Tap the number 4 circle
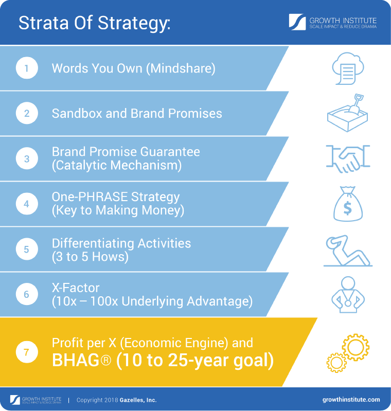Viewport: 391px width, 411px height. click(27, 204)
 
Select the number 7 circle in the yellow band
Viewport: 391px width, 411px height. click(27, 352)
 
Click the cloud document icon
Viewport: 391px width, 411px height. click(348, 68)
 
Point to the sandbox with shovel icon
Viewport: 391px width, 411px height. click(348, 113)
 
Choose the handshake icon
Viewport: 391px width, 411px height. click(348, 158)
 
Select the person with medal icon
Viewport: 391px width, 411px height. click(348, 295)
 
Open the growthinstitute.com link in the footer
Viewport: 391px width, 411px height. click(351, 400)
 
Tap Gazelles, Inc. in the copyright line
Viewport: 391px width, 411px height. click(137, 400)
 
